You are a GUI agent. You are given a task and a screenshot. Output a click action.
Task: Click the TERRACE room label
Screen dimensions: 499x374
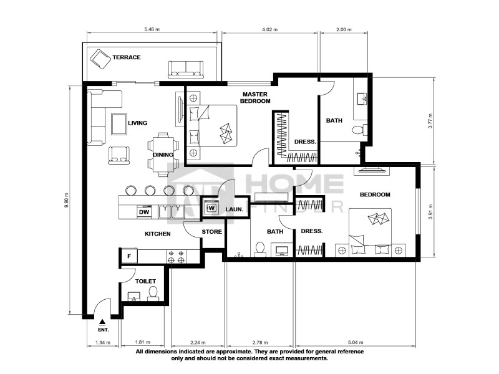coord(127,57)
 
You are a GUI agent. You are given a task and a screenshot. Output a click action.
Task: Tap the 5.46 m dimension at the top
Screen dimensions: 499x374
coord(152,29)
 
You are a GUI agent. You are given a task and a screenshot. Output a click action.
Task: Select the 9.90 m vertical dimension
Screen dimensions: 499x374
coord(66,200)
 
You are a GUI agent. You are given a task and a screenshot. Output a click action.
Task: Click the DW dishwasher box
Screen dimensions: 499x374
coord(144,212)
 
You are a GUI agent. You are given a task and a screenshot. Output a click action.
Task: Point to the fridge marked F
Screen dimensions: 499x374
coord(129,256)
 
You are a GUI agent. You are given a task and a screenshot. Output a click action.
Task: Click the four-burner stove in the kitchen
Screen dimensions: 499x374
coord(176,257)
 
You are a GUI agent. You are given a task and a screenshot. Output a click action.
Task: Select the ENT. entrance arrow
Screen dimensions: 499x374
coord(102,322)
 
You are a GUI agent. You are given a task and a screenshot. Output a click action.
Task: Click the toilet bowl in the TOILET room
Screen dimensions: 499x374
coord(153,294)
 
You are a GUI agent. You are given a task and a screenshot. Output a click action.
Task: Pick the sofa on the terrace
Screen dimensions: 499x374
coord(186,69)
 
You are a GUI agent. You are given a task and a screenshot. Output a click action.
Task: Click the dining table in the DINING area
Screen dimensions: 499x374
coord(163,154)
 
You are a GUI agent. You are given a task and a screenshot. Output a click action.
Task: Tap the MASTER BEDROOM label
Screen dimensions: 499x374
coord(255,98)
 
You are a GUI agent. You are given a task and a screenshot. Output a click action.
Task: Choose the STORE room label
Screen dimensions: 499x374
coord(211,232)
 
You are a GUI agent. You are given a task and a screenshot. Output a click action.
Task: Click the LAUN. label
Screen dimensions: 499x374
coord(235,209)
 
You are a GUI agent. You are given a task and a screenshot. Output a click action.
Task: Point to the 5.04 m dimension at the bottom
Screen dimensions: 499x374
coord(356,342)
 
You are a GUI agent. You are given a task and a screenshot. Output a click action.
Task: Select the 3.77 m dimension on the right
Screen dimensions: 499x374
coord(430,121)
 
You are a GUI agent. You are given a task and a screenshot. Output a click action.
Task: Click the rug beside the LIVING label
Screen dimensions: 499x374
coord(119,124)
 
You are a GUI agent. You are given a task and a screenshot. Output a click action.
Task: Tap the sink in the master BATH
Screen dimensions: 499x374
coord(362,99)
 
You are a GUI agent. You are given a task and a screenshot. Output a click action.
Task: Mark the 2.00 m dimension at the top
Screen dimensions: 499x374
coord(344,29)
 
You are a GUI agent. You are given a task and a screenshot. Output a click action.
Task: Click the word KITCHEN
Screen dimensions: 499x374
coord(158,234)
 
